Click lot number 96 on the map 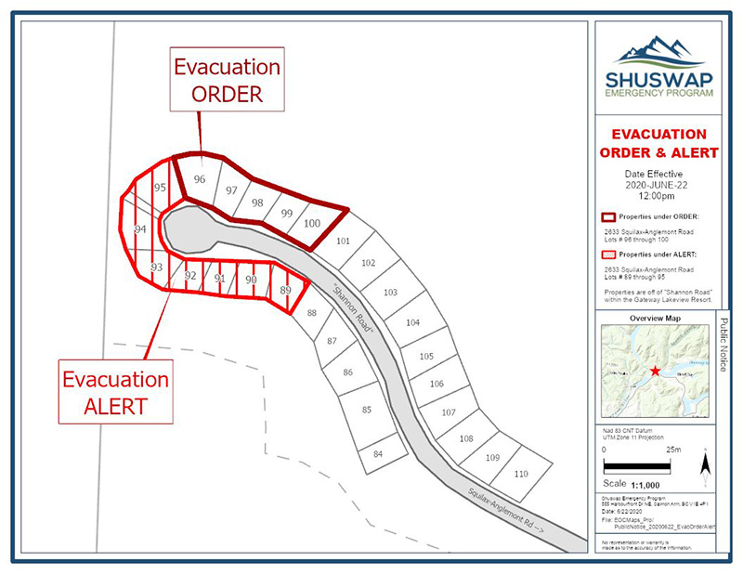click(199, 179)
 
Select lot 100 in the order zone click(312, 223)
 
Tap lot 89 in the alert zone click(286, 291)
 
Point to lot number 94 click(140, 228)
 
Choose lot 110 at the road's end click(520, 474)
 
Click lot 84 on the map click(378, 454)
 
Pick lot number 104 click(413, 323)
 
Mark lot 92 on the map click(190, 276)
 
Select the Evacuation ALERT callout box click(116, 392)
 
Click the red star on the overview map click(656, 371)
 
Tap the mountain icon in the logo click(658, 49)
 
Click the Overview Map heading click(655, 319)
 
